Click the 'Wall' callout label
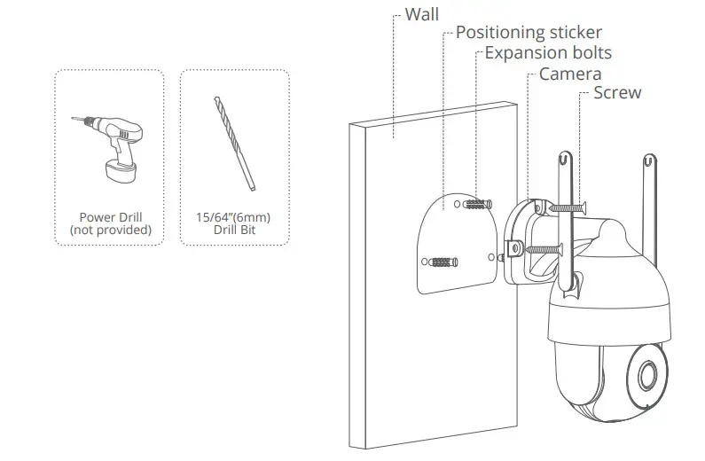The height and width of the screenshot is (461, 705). pyautogui.click(x=423, y=14)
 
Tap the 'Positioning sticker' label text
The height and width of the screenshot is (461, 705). pyautogui.click(x=529, y=33)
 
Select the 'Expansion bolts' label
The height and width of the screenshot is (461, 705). pyautogui.click(x=548, y=53)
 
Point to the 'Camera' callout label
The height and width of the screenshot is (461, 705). pyautogui.click(x=569, y=74)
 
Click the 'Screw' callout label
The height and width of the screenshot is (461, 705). pyautogui.click(x=616, y=93)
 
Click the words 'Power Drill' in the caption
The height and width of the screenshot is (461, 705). pyautogui.click(x=110, y=216)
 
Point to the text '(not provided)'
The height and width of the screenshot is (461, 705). pyautogui.click(x=110, y=230)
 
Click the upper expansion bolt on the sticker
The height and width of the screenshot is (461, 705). pyautogui.click(x=477, y=206)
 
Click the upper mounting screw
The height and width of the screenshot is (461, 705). pyautogui.click(x=568, y=207)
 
